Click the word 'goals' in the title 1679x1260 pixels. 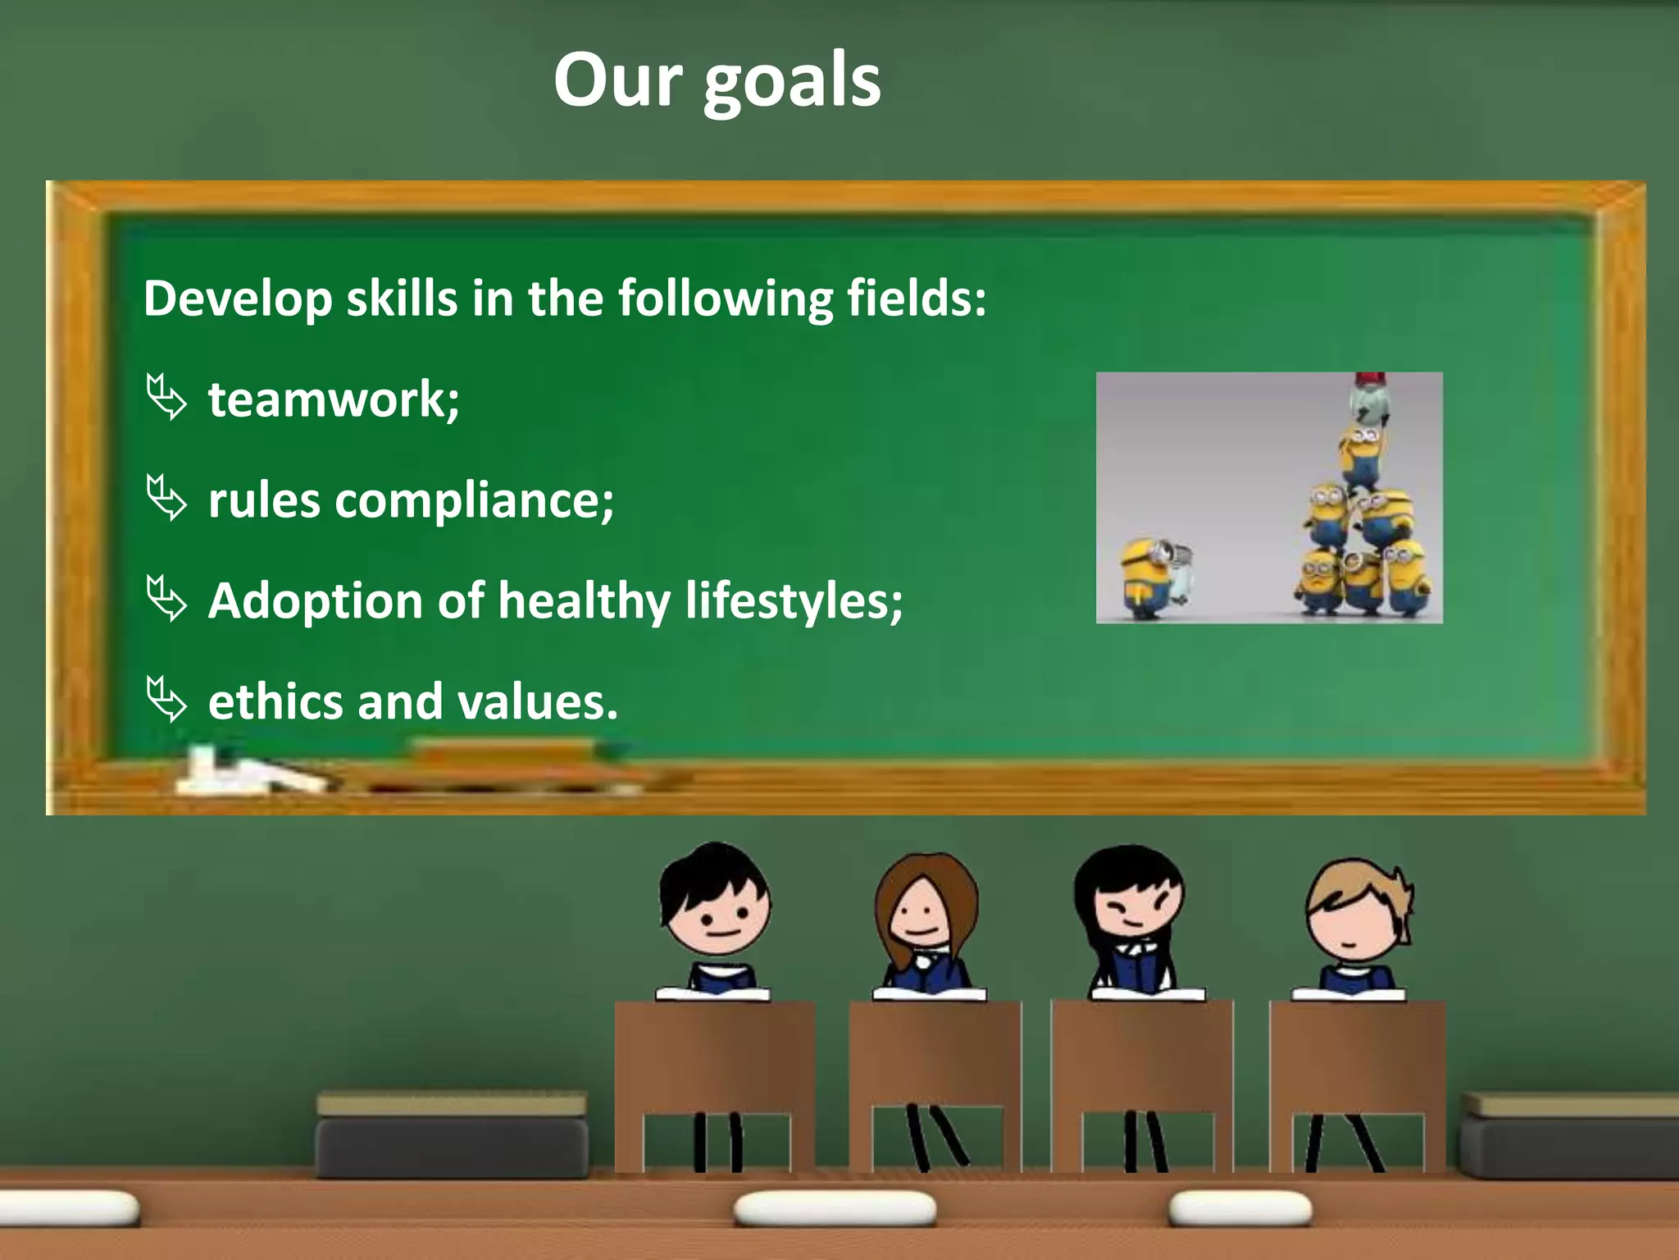click(792, 82)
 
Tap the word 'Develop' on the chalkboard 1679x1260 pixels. click(238, 299)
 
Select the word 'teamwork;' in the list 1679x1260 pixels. click(334, 399)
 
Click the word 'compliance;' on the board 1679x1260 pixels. click(474, 501)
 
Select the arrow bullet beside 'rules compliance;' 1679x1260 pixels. click(166, 498)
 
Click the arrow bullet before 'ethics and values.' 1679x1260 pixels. click(166, 700)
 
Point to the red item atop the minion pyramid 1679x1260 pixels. click(1370, 380)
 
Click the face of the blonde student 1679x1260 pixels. click(1350, 919)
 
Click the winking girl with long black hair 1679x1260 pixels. click(1131, 911)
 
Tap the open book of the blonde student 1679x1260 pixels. click(1349, 994)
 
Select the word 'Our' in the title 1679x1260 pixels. click(617, 82)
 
